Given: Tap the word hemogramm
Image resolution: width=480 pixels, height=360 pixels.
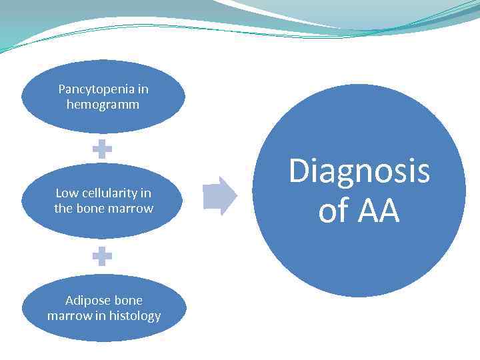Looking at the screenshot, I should click(103, 105).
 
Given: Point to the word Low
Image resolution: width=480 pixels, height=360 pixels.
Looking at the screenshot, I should click(67, 193).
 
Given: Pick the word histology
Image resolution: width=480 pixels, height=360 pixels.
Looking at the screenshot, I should click(135, 316).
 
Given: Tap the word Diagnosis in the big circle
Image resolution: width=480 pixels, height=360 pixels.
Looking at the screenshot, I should click(359, 171).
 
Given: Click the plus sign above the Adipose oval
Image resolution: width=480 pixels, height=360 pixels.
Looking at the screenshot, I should click(102, 255).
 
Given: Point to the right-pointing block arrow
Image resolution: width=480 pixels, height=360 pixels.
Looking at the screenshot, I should click(219, 196).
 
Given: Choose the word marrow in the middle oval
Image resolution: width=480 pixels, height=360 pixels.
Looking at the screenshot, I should click(133, 209).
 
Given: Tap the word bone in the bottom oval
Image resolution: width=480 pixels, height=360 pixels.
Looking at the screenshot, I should click(128, 300).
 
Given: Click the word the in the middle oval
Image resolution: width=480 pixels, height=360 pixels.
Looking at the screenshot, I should click(63, 209).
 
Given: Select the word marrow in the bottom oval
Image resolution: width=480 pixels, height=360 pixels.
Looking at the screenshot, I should click(67, 316).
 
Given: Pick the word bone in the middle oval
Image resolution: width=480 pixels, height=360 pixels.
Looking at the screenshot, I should click(93, 209).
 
